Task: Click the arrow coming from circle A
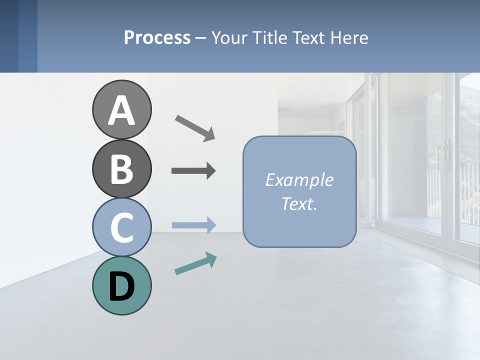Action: (195, 127)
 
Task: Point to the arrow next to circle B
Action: (193, 171)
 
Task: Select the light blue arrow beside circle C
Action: (194, 225)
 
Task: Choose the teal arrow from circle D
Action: (195, 264)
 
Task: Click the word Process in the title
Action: (157, 37)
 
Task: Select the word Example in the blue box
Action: (299, 180)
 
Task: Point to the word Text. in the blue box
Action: (299, 203)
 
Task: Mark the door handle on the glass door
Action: (443, 150)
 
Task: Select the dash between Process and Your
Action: (200, 38)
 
